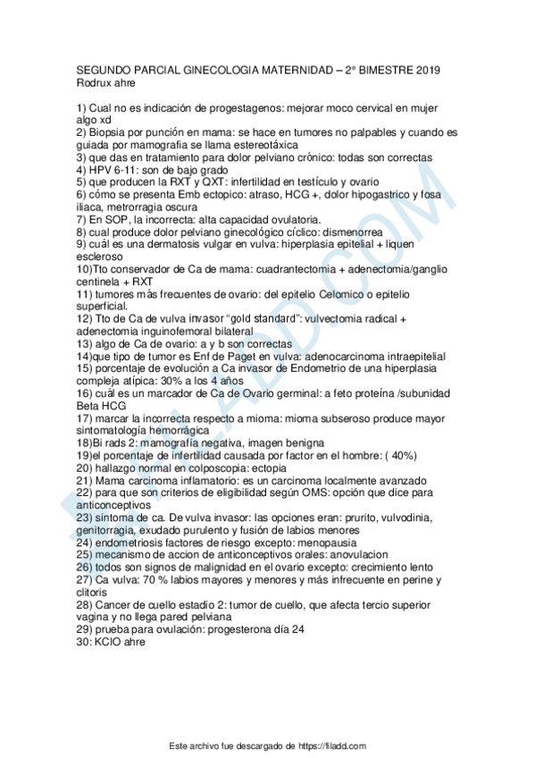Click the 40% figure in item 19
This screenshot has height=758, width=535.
tap(400, 455)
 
